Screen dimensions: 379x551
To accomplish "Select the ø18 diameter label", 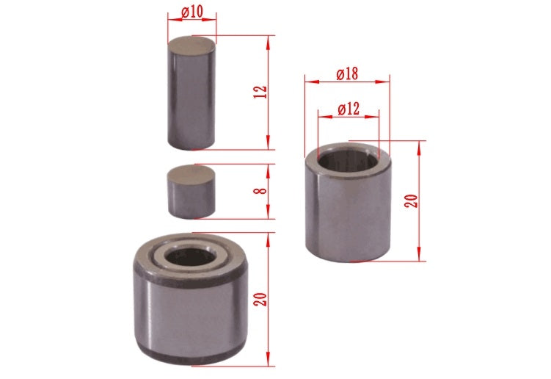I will click(x=347, y=74).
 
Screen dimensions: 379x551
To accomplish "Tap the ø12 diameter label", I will click(x=348, y=109).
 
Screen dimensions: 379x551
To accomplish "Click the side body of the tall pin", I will click(x=191, y=103).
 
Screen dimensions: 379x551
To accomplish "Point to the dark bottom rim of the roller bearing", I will click(x=191, y=360).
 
